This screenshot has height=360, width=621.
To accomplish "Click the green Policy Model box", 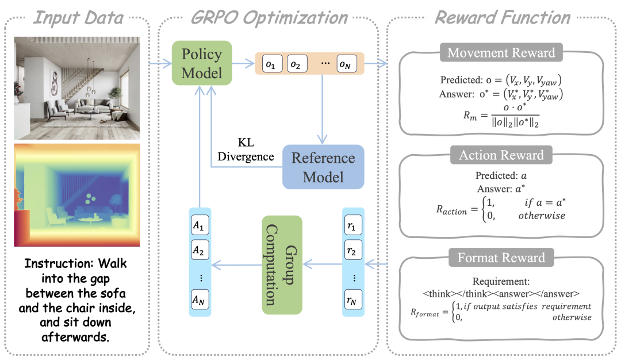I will [201, 63].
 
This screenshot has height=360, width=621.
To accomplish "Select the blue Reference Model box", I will [324, 167].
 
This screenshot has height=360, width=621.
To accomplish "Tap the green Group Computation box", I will [282, 265].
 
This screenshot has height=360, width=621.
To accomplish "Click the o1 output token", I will [272, 64].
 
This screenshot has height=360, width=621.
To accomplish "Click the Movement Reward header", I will [501, 53].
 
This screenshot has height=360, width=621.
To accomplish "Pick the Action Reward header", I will [501, 155].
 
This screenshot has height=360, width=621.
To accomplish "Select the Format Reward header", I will [501, 258].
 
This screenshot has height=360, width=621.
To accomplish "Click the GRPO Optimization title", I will [269, 17].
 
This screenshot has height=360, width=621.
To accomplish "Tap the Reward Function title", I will [502, 17].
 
